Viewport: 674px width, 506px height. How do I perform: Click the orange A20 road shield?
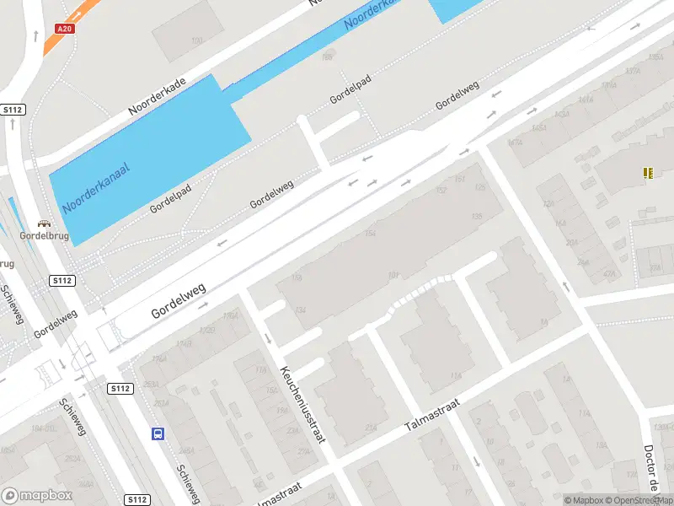pyautogui.click(x=64, y=28)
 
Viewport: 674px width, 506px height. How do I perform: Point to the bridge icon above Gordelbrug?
pyautogui.click(x=45, y=225)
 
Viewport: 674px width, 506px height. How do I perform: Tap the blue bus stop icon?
pyautogui.click(x=158, y=434)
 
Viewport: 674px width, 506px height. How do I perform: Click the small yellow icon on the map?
pyautogui.click(x=647, y=173)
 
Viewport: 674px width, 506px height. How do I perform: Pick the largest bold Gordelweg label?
pyautogui.click(x=179, y=300)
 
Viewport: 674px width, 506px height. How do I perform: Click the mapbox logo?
pyautogui.click(x=37, y=496)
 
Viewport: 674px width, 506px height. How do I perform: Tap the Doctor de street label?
pyautogui.click(x=650, y=469)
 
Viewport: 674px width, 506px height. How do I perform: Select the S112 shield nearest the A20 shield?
pyautogui.click(x=13, y=110)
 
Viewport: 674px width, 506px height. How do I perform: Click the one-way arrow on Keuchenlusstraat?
pyautogui.click(x=268, y=340)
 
